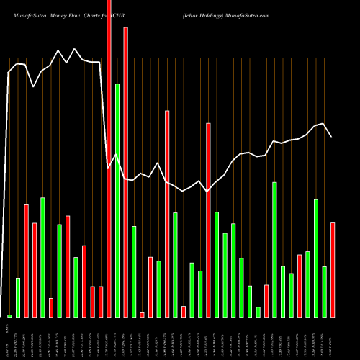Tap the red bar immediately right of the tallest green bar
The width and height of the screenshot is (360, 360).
click(x=126, y=172)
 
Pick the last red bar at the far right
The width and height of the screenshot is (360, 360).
click(x=333, y=270)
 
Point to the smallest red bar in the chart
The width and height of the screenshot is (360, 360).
click(x=142, y=315)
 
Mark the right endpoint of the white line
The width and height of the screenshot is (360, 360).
click(x=331, y=136)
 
